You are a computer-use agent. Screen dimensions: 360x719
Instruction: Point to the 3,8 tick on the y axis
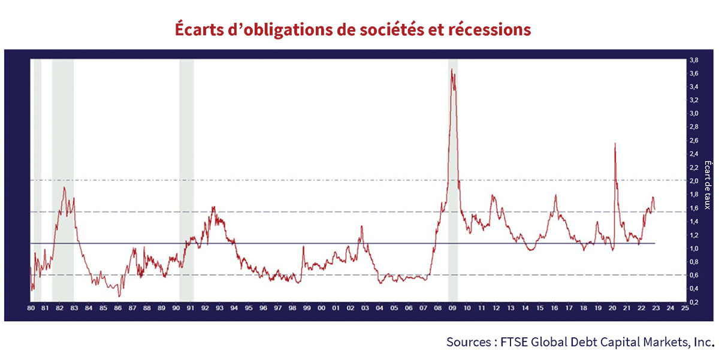(693, 60)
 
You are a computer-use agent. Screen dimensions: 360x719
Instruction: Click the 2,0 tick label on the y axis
(693, 180)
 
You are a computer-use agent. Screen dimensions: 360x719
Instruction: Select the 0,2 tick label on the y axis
(693, 301)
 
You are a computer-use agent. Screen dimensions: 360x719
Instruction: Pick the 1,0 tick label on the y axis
(693, 248)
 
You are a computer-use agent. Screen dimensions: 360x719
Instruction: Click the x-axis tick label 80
(31, 309)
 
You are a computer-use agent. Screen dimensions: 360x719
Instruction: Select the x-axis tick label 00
(322, 309)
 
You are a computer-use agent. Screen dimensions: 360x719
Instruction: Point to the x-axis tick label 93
(220, 309)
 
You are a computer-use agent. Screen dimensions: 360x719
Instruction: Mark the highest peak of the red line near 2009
(451, 69)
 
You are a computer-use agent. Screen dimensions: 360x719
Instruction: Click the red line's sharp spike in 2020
(615, 143)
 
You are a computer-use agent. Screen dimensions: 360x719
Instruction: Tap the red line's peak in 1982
(64, 187)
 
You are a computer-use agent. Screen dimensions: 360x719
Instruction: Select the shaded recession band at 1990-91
(186, 180)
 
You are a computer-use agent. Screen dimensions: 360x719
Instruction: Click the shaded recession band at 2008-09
(453, 180)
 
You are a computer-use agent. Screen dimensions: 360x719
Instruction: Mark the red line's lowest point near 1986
(119, 295)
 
